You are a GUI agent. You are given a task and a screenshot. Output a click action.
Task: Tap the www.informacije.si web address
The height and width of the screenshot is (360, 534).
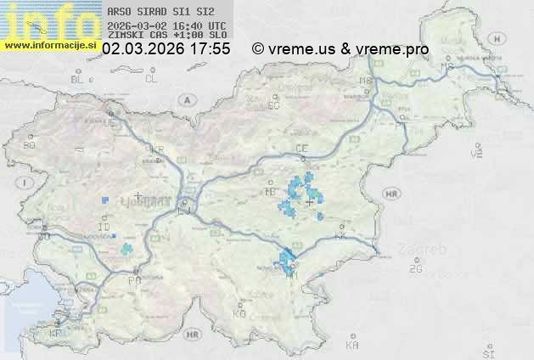coord(50,45)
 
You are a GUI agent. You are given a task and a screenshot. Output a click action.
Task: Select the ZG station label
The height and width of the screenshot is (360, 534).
coord(415,269)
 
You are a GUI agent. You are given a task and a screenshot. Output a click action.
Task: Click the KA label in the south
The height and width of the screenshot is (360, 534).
coord(352,345)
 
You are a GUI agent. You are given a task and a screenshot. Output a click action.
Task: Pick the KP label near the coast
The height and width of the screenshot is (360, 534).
coord(56,334)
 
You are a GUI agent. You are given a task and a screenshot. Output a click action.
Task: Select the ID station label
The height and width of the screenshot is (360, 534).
coord(104,228)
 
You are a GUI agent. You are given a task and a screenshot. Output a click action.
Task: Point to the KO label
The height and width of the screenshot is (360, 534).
coord(239,313)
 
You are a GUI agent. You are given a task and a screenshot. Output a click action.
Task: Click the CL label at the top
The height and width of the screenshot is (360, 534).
coord(151,79)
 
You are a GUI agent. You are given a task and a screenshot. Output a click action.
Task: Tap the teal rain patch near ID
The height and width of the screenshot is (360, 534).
coord(127,249)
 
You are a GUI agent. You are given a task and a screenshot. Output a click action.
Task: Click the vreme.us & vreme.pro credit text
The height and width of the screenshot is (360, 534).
coord(340,49)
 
